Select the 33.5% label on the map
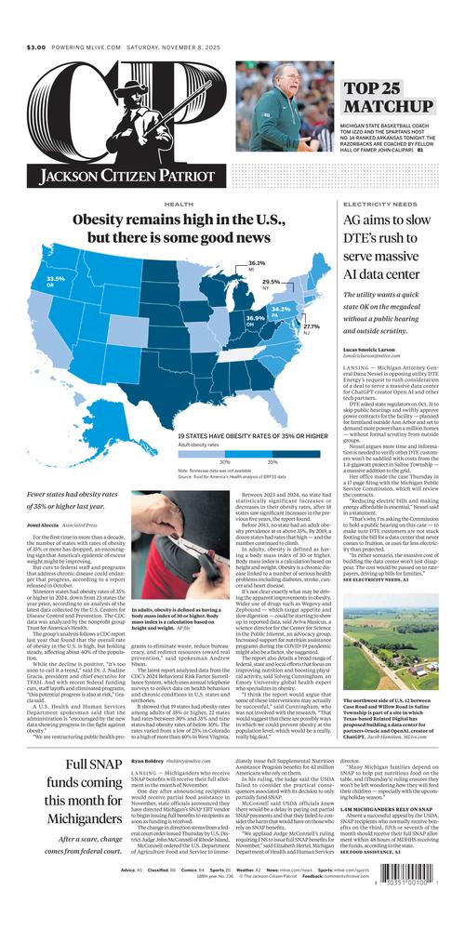tap(56, 278)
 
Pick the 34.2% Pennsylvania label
tap(281, 309)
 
